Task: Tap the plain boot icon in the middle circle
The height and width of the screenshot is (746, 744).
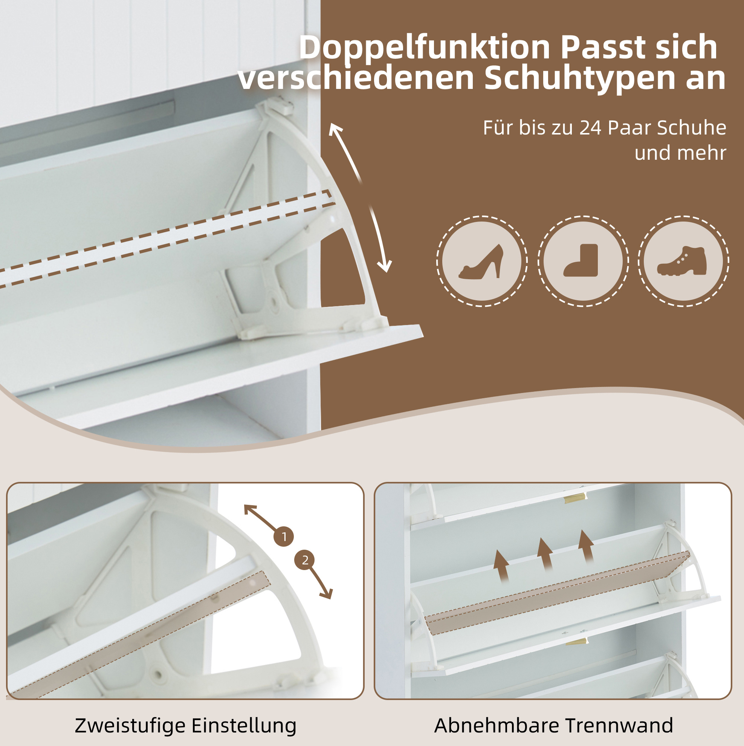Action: (581, 260)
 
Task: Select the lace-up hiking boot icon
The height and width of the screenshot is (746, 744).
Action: (682, 261)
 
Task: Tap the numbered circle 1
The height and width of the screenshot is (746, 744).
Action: (284, 537)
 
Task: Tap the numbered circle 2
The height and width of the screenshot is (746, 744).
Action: (305, 560)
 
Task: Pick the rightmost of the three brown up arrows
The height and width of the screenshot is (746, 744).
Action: (586, 546)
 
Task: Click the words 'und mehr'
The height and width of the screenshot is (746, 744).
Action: (680, 153)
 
